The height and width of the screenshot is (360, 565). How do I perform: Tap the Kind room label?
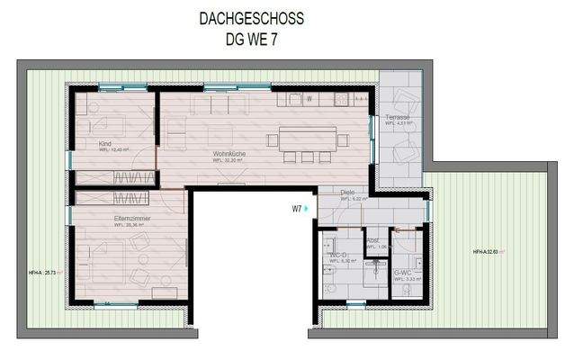pyautogui.click(x=106, y=143)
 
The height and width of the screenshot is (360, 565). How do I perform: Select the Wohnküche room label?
pyautogui.click(x=229, y=155)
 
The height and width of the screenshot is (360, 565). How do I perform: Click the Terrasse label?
pyautogui.click(x=398, y=118)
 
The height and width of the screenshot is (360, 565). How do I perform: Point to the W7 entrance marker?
pyautogui.click(x=297, y=208)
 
